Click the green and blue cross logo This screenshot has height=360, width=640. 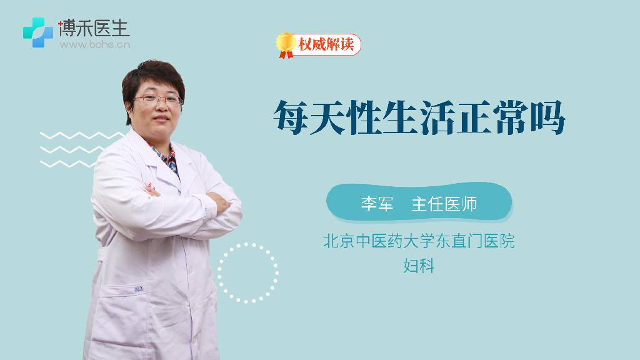pos(38,32)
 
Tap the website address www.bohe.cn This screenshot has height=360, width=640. pos(95,44)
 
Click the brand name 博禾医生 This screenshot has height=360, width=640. pos(94,29)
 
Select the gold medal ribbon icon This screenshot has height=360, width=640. pos(286,45)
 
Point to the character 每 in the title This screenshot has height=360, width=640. pos(290,117)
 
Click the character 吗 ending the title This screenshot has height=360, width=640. pos(547,117)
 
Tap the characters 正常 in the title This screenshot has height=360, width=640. pos(492,117)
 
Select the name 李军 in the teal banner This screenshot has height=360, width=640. pos(377,204)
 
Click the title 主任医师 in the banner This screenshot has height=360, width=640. pos(444,204)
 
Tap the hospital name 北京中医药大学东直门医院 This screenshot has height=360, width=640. pos(419,241)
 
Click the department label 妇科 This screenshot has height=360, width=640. pos(419,265)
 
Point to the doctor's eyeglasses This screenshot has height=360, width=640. pos(157,99)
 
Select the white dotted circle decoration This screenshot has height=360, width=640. pos(247,272)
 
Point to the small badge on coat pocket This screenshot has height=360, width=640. pos(139,289)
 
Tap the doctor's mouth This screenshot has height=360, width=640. pos(161,118)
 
